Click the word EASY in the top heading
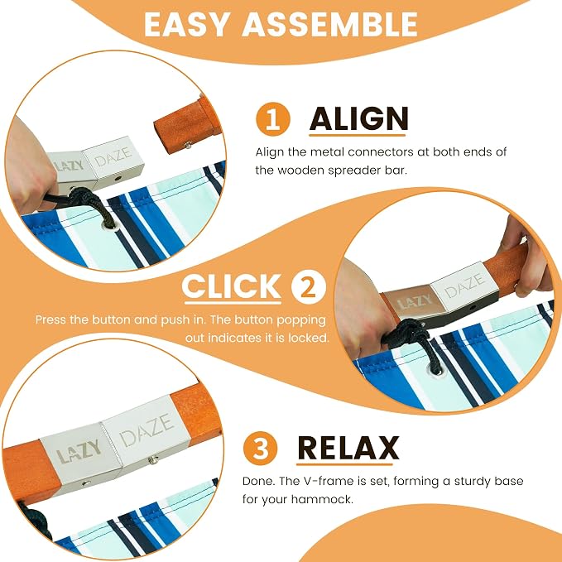186,24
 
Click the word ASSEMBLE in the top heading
330,24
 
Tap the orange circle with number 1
273,119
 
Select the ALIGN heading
358,118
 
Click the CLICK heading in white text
232,286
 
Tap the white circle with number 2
308,287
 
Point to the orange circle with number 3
260,448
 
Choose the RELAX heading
348,448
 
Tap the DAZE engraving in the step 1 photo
113,156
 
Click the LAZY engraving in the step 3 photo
79,452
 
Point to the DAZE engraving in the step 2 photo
465,285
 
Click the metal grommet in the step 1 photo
108,225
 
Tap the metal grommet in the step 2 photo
435,370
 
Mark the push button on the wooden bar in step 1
187,145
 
